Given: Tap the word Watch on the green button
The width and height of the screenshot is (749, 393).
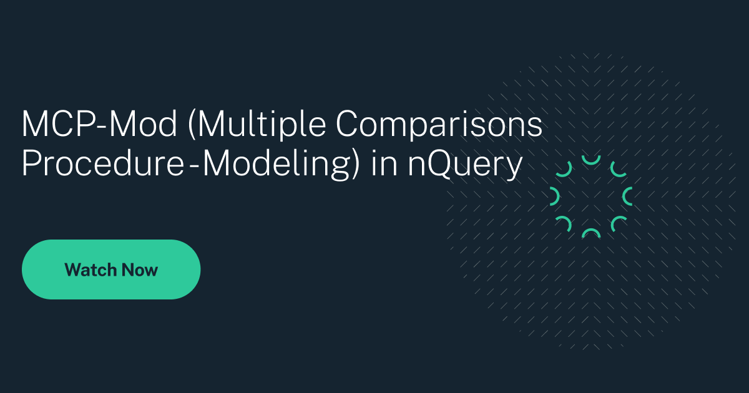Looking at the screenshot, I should (91, 270).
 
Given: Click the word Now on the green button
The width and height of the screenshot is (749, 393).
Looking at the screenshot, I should (140, 270).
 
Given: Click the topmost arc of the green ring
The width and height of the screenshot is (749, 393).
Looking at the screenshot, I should (590, 160).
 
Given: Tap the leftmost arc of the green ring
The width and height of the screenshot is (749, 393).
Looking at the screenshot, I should (554, 197).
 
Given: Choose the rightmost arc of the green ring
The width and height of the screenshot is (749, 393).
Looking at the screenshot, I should (627, 197).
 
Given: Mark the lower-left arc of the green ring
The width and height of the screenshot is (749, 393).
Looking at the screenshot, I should (564, 224).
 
